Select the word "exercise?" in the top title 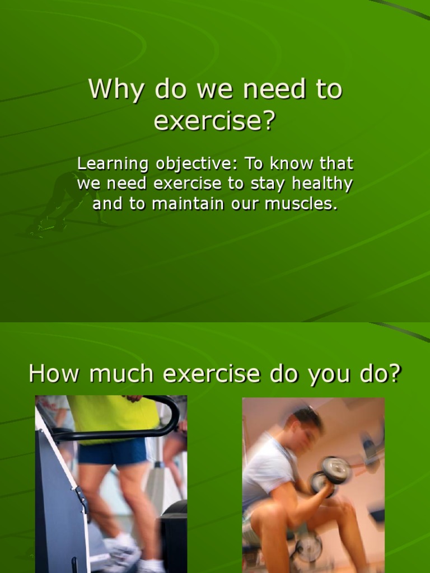click(215, 121)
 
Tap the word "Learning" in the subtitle click(113, 164)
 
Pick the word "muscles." click(302, 204)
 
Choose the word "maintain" click(187, 204)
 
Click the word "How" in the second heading click(52, 373)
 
